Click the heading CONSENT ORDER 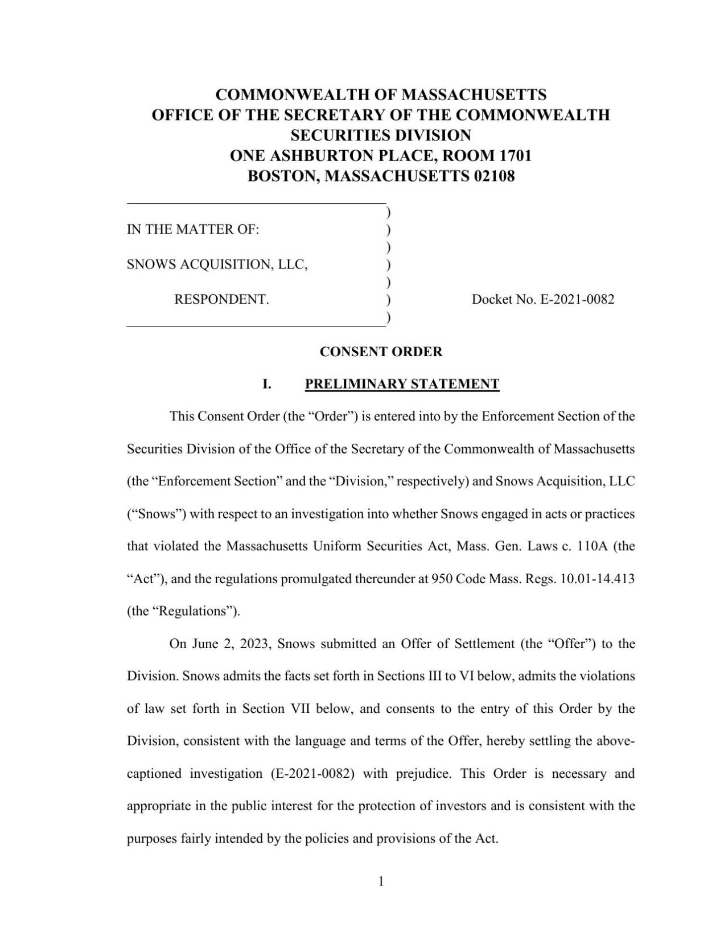381,352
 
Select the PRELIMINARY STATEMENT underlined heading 402,384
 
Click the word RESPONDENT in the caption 221,299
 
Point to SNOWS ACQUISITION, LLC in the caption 217,265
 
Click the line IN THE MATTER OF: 193,230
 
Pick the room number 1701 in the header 515,156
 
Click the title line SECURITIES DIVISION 381,135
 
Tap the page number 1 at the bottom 381,882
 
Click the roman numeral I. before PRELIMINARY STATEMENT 266,384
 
